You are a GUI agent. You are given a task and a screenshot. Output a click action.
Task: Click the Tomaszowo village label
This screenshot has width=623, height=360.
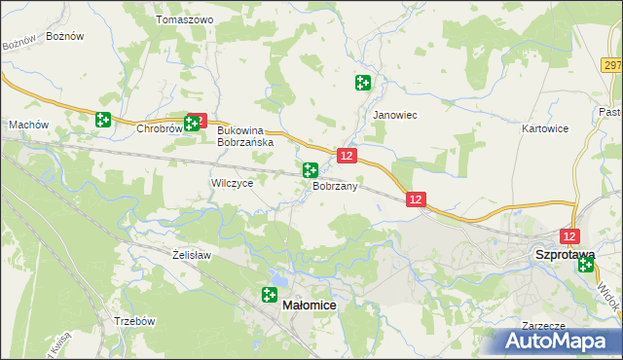(184, 19)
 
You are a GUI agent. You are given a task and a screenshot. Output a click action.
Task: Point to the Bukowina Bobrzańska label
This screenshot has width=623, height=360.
(244, 135)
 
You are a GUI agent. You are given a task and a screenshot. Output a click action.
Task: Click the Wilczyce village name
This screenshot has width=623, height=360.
(232, 183)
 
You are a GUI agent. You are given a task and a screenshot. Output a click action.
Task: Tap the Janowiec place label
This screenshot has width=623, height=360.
(395, 115)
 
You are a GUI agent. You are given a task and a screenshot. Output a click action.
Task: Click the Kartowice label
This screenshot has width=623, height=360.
(545, 128)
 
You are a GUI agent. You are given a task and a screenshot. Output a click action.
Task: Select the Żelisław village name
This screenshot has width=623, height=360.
(192, 255)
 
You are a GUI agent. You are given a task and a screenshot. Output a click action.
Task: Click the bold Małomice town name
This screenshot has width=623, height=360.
(310, 306)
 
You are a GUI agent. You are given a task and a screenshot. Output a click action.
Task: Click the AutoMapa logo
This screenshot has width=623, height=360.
(557, 342)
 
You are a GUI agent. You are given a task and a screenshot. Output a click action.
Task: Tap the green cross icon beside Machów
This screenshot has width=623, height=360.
(103, 120)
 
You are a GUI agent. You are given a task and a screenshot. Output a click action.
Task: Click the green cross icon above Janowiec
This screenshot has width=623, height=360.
(363, 84)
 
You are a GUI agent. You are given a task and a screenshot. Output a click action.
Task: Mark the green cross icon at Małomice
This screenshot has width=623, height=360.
(270, 295)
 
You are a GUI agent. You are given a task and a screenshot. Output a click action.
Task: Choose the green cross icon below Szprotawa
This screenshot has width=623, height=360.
(585, 264)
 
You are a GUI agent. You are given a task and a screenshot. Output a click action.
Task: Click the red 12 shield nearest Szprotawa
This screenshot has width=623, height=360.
(570, 236)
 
